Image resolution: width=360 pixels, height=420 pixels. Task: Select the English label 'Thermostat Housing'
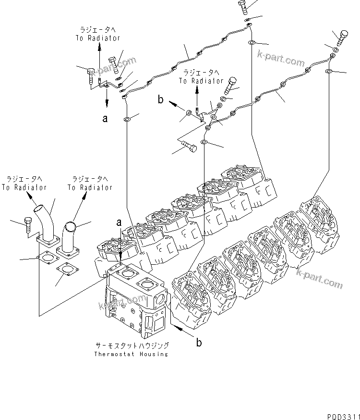click(131, 354)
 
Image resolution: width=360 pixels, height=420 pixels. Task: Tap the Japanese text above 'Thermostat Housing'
click(131, 346)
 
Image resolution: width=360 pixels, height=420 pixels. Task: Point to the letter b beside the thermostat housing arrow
click(198, 343)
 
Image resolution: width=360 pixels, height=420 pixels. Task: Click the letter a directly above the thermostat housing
click(119, 222)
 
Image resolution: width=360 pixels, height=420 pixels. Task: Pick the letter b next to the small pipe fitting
click(161, 99)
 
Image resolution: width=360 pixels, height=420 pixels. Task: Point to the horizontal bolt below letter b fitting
click(187, 149)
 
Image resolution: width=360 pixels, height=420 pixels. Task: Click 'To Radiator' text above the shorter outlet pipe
click(90, 187)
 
